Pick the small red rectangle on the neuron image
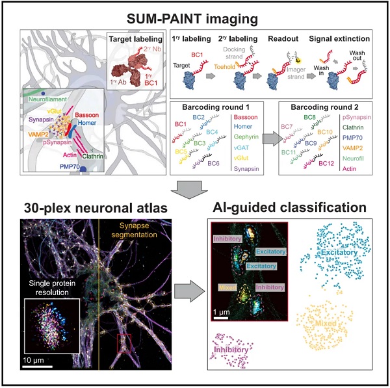[123, 342]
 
